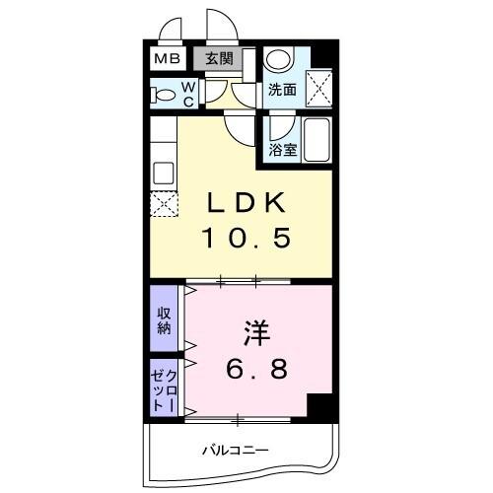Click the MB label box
[x=165, y=58]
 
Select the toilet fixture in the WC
[x=160, y=96]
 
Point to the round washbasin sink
[x=278, y=59]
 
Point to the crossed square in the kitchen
[x=161, y=205]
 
